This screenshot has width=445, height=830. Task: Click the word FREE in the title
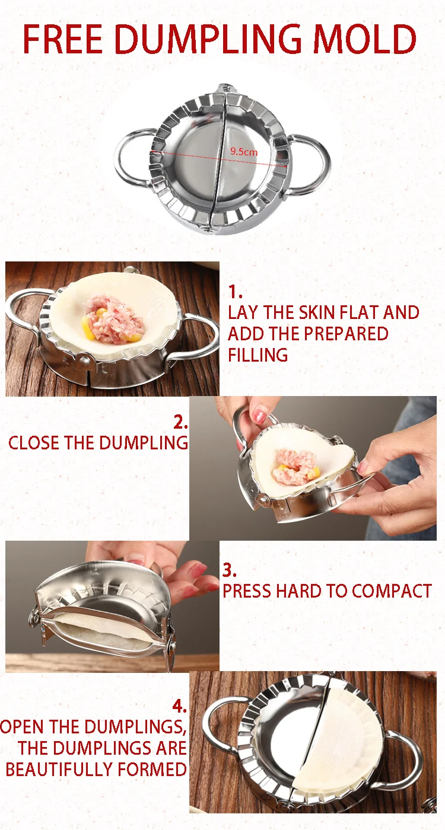pos(63,39)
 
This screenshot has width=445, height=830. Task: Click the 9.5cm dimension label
pos(244,152)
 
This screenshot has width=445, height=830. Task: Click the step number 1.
pos(235,292)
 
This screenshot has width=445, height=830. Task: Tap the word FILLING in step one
pos(258,355)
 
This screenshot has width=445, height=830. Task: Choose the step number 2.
pos(180,422)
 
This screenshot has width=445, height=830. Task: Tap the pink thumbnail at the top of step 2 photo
pos(259,416)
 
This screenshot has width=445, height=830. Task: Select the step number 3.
pos(230,570)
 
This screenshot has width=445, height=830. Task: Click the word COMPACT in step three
pos(392,591)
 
